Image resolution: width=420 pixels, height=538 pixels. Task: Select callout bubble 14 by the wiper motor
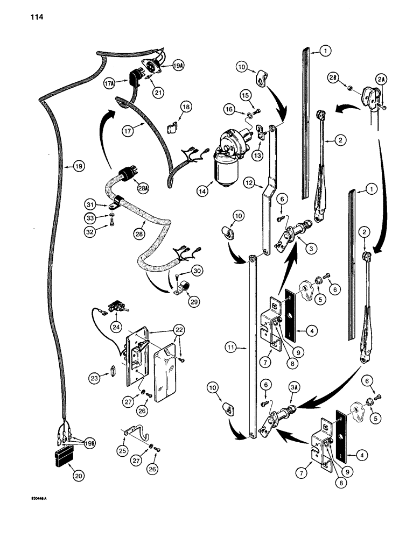click(x=202, y=190)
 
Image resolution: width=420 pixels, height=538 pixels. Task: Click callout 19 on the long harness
click(x=79, y=167)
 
